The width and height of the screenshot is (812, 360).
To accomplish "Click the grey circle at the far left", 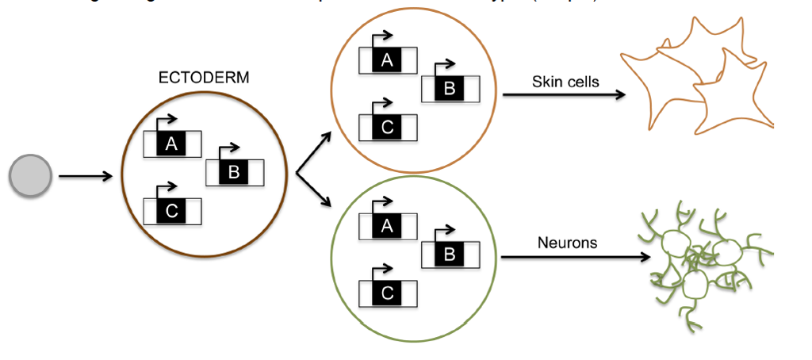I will coord(30,176).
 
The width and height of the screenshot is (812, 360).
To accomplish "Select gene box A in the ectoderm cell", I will coord(172,144).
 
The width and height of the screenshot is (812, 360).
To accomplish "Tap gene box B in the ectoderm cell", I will coord(235,172).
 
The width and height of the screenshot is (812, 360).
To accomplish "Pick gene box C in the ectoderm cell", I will coord(172,211).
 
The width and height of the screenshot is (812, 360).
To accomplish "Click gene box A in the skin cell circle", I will coord(388,60).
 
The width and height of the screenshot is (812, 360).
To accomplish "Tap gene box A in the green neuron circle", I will coord(388,226).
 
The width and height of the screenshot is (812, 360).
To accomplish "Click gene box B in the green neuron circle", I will coord(450,255).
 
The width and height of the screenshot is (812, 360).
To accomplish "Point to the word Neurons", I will coord(567,243).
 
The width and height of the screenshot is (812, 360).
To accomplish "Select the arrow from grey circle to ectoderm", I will coord(86,176).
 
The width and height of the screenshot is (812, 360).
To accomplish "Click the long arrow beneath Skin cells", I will coord(564,95).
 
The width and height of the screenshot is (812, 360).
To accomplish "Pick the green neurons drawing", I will coord(702,262).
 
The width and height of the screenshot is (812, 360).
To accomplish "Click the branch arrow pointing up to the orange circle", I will coord(314,152).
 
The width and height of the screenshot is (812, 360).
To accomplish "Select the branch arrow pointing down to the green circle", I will coord(314,190).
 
